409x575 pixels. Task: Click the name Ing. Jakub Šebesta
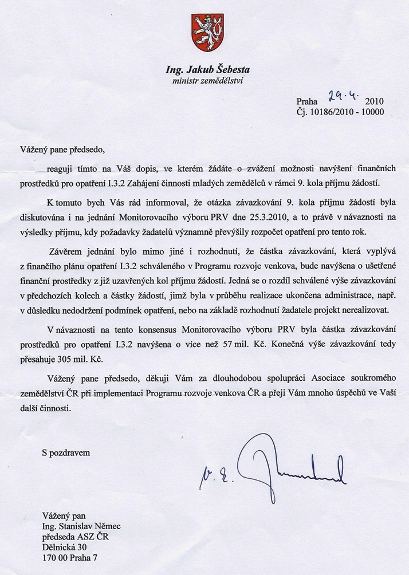pos(207,70)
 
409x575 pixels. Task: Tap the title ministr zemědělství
pos(207,81)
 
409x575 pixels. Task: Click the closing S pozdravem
pos(66,452)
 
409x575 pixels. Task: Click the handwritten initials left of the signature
pos(215,474)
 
